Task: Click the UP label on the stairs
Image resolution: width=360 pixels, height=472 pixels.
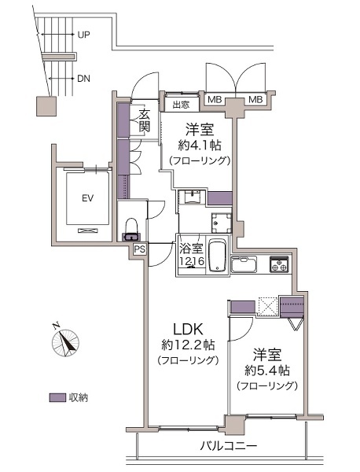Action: pos(84,35)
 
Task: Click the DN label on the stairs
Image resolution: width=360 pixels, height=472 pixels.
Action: pos(83,79)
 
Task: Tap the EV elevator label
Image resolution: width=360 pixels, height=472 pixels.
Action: pos(87,198)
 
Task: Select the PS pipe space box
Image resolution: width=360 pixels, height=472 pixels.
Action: pos(140,249)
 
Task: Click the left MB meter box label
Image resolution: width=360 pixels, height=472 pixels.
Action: pos(215,99)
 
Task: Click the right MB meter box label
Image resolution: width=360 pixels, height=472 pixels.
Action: pos(255,99)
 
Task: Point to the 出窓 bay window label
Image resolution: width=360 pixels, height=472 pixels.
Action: pos(181,105)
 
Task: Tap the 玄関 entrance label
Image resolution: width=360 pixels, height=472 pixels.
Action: pos(145,120)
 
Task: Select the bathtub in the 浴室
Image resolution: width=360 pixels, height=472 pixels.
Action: pos(217,256)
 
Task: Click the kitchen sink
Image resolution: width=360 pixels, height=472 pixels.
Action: pos(244,264)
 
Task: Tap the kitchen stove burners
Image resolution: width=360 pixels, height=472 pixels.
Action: pos(279,264)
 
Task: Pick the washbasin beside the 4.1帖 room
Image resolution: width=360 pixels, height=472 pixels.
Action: pos(191,197)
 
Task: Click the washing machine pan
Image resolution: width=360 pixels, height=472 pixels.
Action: pos(222,223)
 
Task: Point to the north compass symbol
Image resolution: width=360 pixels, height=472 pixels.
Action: pos(65,341)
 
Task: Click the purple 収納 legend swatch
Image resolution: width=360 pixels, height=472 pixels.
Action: pos(57,397)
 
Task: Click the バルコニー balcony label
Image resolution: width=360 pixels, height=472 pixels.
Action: pos(229,445)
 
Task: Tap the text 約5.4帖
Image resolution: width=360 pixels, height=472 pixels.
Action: pos(267,371)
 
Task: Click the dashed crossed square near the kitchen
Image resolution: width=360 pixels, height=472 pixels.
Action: pos(268,306)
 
